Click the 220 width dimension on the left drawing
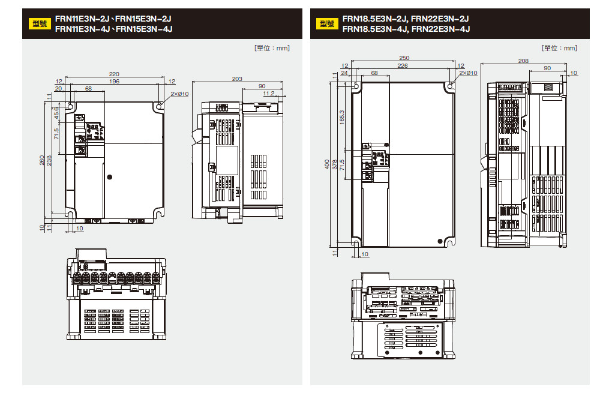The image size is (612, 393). click(x=114, y=74)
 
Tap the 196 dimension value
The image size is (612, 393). click(x=114, y=81)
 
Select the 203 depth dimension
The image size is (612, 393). click(x=237, y=79)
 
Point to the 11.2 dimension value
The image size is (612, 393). click(x=269, y=94)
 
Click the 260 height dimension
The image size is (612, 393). click(x=42, y=160)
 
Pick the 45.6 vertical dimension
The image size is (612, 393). click(x=56, y=113)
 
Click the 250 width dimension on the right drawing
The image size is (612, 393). click(x=404, y=58)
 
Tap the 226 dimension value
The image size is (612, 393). click(x=403, y=65)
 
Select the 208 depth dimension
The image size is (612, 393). click(x=523, y=61)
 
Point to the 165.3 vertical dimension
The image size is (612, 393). click(x=342, y=118)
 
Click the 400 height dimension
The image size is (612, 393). click(x=326, y=164)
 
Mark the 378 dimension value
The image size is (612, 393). click(x=334, y=164)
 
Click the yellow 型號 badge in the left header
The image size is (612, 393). click(x=40, y=24)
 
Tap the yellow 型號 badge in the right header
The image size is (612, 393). click(x=327, y=24)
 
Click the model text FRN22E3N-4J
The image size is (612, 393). click(x=440, y=29)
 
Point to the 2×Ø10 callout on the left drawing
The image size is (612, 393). click(x=179, y=94)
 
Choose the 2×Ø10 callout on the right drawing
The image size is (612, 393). click(x=468, y=73)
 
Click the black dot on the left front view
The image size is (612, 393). click(x=110, y=177)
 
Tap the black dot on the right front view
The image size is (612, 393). click(x=440, y=241)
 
